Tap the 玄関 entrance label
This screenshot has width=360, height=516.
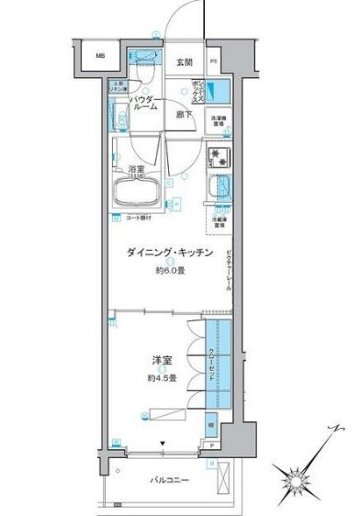click(185, 62)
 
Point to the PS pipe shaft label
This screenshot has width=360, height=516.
click(214, 62)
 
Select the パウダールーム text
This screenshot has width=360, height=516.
click(146, 103)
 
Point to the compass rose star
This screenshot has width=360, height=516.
click(295, 477)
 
